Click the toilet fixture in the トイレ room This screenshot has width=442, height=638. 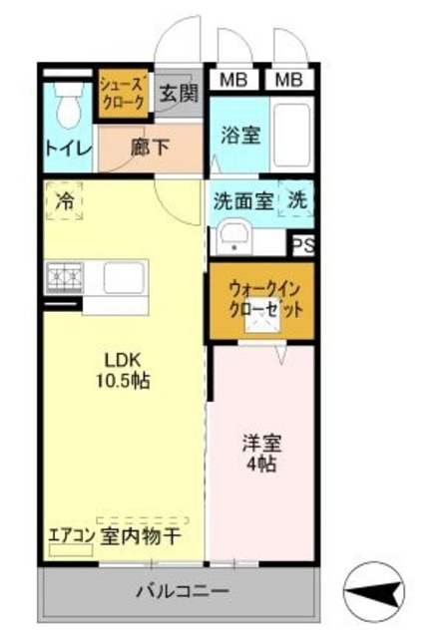click(68, 104)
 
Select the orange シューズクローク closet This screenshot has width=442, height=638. click(123, 95)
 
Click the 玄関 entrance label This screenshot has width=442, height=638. click(180, 95)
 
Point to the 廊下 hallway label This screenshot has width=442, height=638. click(150, 147)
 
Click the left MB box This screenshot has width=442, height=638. click(234, 79)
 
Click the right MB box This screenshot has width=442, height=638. click(290, 79)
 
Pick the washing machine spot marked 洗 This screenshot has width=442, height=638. click(296, 198)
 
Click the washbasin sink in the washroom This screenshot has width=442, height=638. click(234, 238)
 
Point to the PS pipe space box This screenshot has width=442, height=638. click(301, 242)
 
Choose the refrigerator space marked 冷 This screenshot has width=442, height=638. click(63, 198)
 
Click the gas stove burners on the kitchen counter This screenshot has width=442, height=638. click(64, 273)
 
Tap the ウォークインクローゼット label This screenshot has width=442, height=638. click(261, 298)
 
